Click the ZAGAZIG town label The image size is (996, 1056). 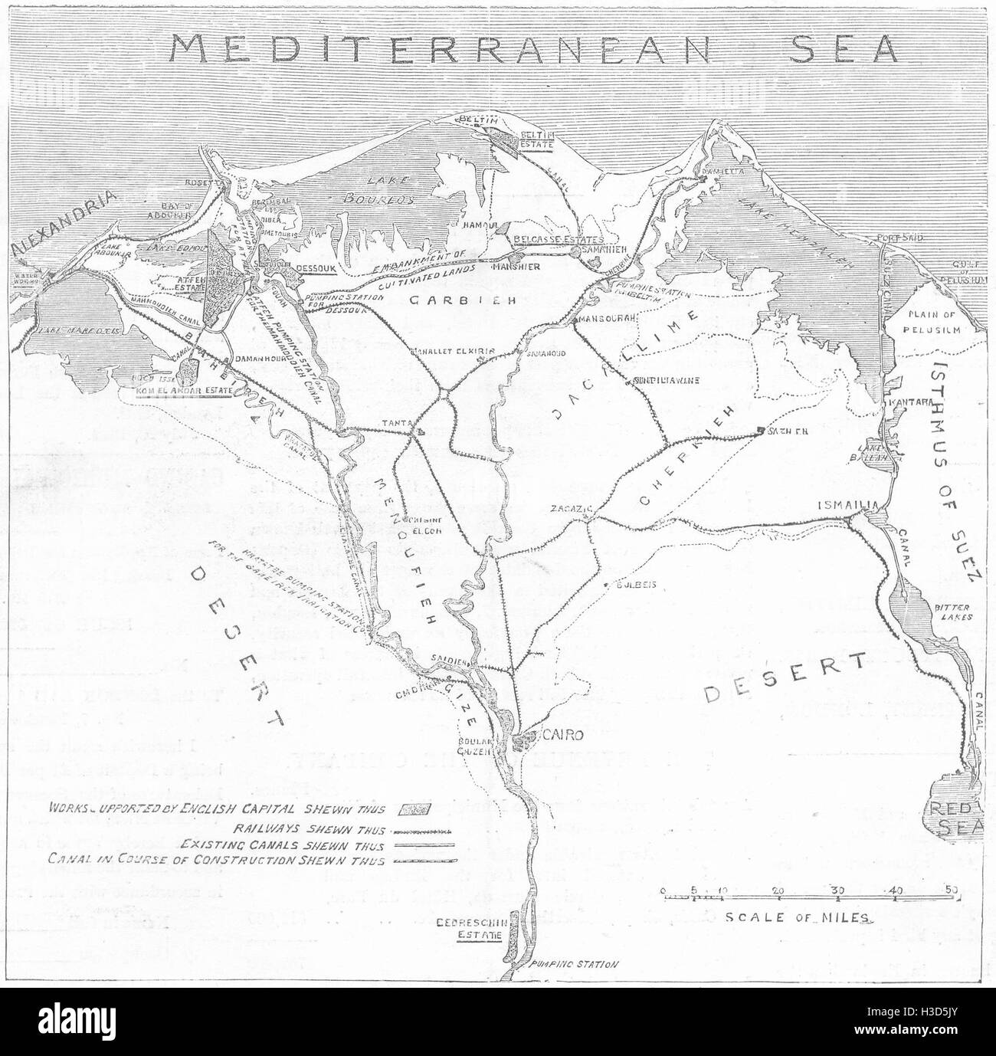[x=568, y=508]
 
